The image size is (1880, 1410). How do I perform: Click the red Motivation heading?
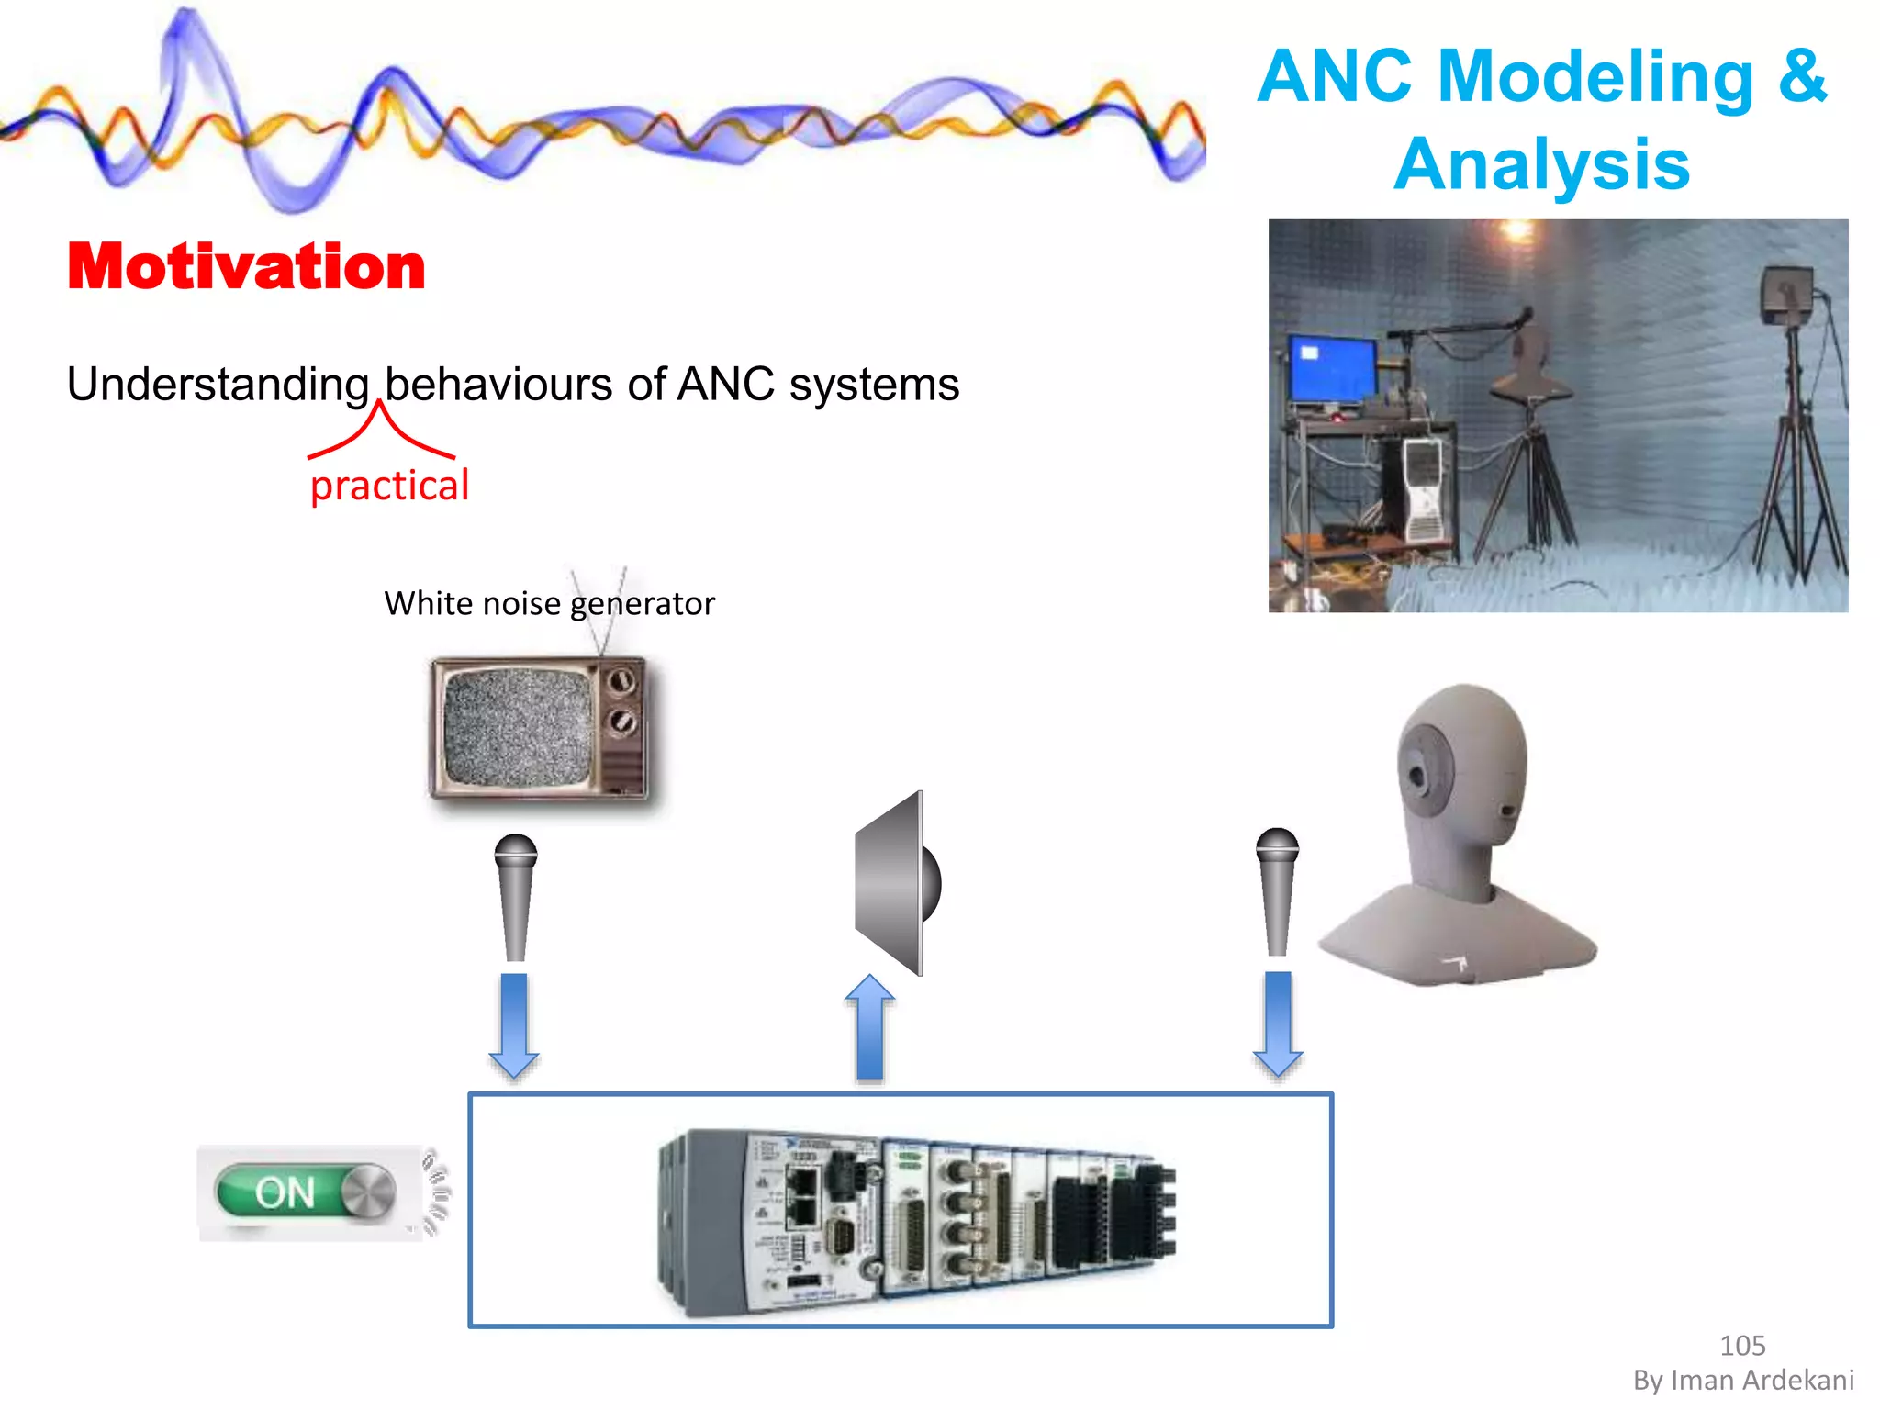click(246, 267)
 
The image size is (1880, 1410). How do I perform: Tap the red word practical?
click(389, 485)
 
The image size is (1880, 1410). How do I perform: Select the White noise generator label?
click(548, 603)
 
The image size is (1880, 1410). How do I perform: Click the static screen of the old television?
click(517, 727)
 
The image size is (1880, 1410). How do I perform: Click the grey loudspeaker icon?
click(895, 883)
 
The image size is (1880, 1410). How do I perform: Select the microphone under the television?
click(515, 896)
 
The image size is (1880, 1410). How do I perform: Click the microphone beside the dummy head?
click(1277, 890)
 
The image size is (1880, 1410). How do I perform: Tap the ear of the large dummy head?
click(1421, 774)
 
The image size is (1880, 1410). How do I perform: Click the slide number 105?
click(1741, 1345)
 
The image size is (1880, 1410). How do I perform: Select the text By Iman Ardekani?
click(1742, 1380)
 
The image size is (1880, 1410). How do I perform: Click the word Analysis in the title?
click(1541, 164)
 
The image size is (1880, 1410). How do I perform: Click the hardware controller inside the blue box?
click(916, 1221)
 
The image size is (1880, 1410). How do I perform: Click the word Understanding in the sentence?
click(218, 384)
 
